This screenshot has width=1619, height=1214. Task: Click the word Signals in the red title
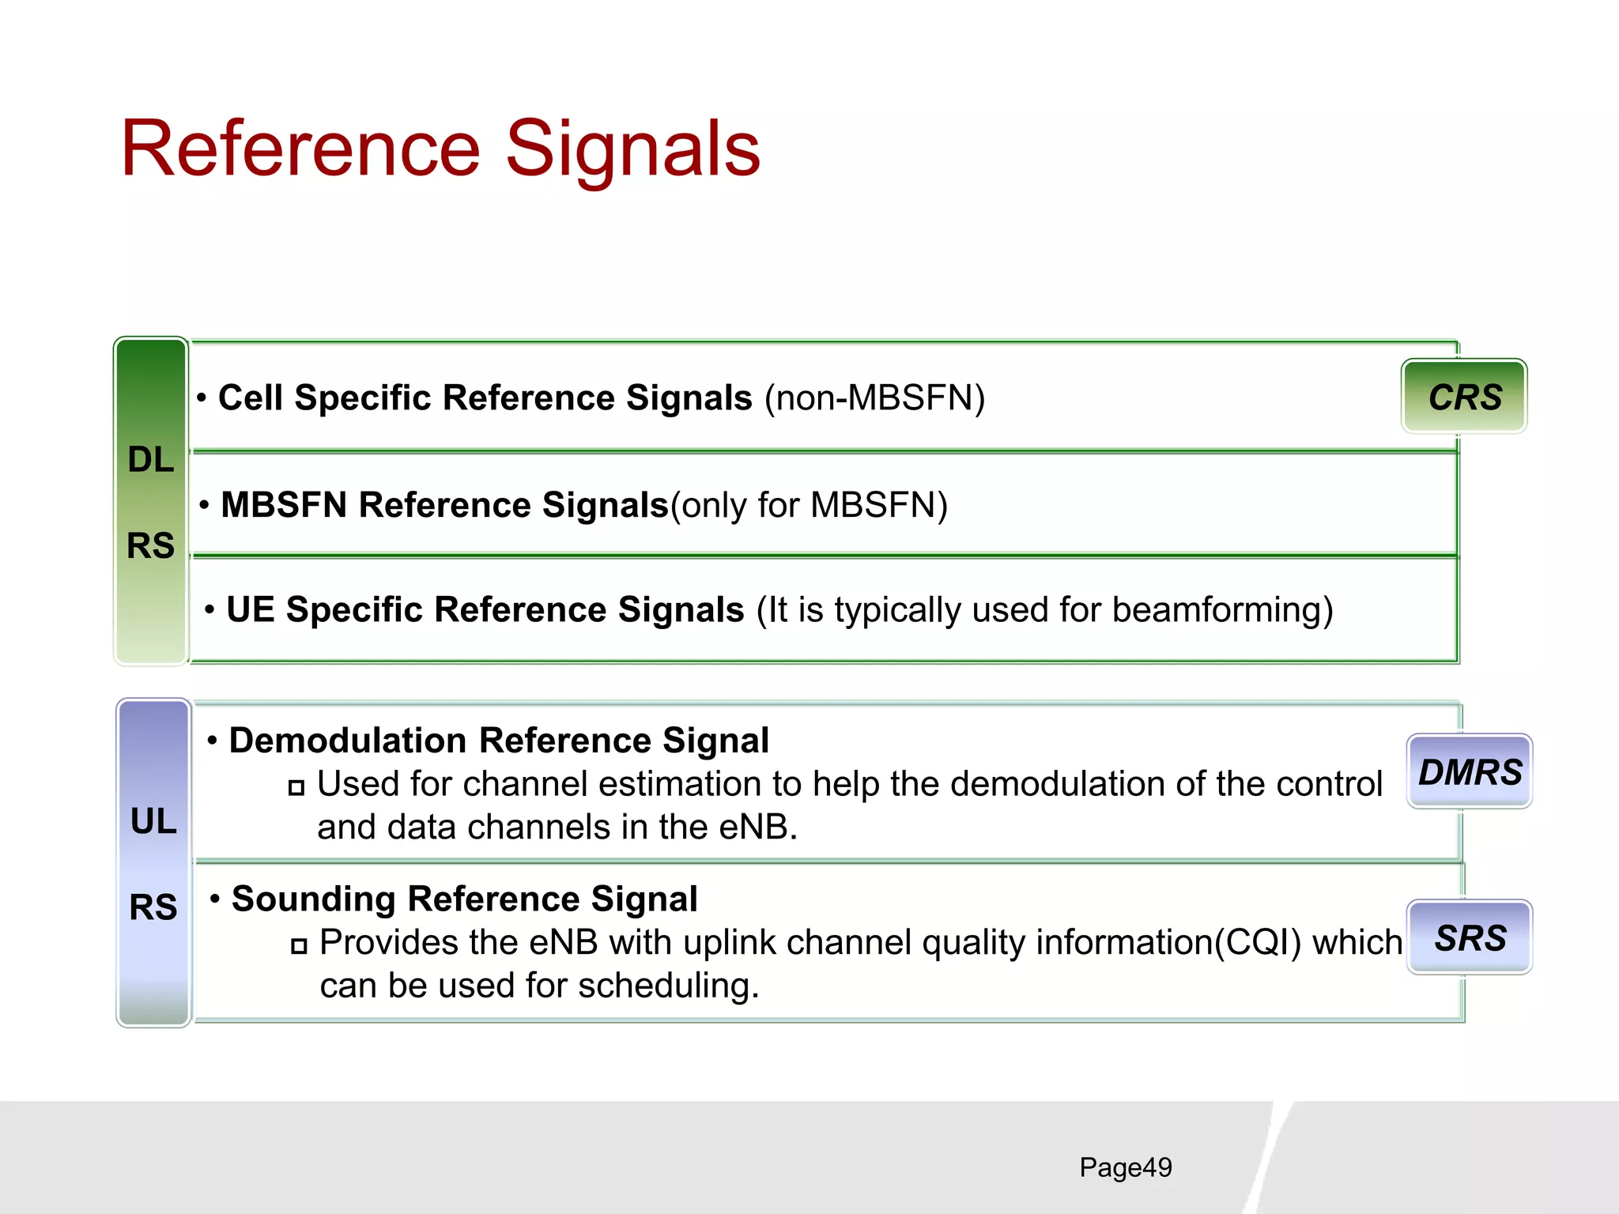point(632,149)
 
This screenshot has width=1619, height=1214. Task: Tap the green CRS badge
point(1464,397)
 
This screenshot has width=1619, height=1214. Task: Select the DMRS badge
point(1470,772)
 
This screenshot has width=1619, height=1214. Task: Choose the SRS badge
point(1470,938)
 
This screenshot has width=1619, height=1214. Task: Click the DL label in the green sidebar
point(151,460)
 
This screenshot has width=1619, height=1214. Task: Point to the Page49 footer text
point(1126,1167)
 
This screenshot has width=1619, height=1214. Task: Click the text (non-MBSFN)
point(874,398)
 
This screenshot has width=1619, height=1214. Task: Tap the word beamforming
point(1222,610)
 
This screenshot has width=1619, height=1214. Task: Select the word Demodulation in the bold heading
point(348,741)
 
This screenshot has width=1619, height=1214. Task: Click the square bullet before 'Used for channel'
point(296,787)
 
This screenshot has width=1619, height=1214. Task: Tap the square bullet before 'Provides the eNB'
point(299,945)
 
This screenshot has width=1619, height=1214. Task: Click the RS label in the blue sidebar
point(153,907)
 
